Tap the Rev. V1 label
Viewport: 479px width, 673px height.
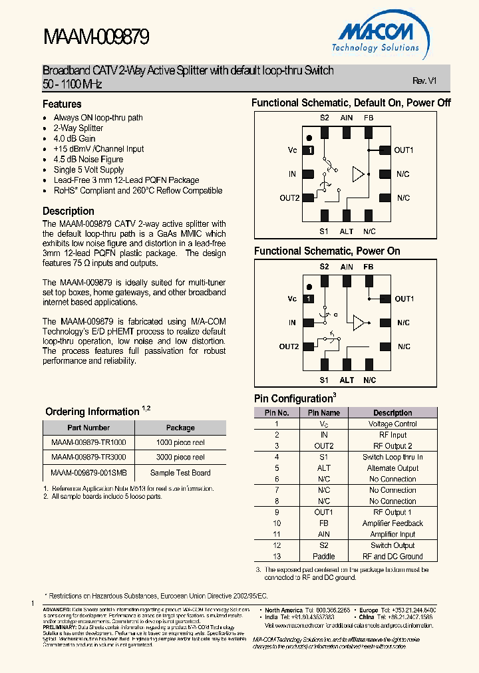424,80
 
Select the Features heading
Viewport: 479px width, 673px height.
62,104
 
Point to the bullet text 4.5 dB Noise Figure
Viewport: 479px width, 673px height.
88,160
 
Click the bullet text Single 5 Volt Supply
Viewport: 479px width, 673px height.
88,170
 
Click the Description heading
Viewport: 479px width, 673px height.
69,211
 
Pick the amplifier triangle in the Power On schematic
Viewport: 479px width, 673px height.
359,323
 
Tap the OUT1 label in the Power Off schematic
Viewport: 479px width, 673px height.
404,150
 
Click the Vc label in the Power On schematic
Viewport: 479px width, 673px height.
292,299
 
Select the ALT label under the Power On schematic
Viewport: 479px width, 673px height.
347,380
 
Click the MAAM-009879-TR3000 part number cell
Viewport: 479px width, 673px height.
88,458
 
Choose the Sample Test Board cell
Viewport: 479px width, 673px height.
180,473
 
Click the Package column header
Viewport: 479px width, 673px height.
180,428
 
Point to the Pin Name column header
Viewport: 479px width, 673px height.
324,413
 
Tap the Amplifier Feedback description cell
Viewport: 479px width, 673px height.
393,523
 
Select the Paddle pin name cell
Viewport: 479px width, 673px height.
324,557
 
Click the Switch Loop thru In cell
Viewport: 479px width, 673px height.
393,457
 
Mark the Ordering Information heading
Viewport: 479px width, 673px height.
92,412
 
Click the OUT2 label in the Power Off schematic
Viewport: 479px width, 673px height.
289,198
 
